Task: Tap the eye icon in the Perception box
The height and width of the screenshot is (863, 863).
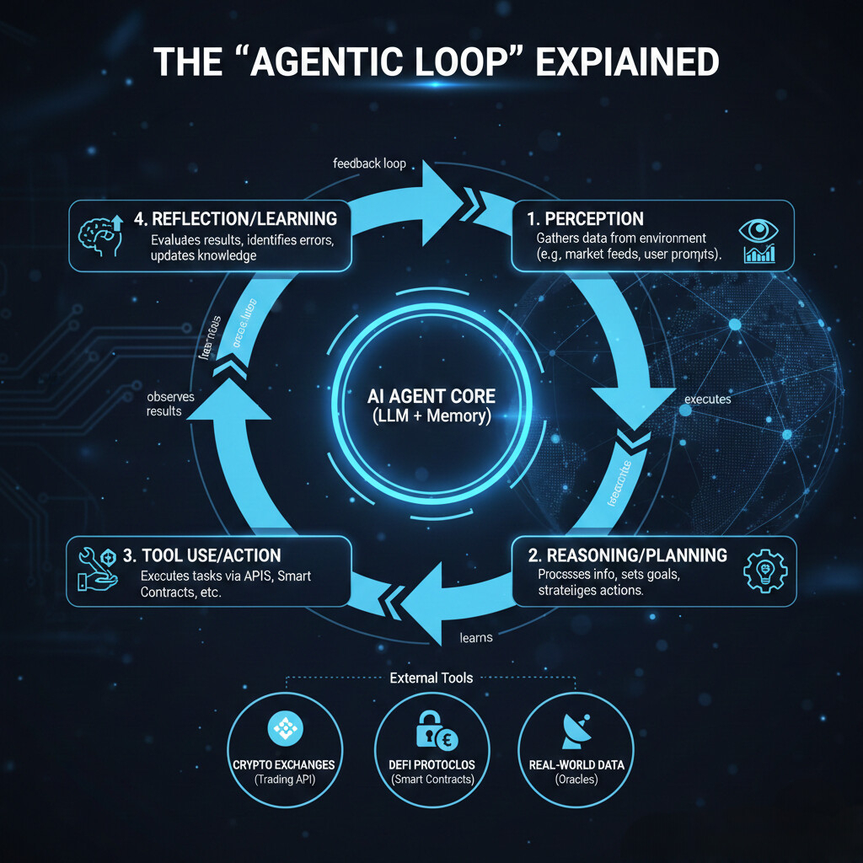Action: pos(755,230)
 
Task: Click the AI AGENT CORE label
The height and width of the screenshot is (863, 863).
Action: pos(431,396)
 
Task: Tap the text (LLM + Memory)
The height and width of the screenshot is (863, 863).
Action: pos(431,416)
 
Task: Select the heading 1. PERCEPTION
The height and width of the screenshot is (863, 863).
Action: pos(585,219)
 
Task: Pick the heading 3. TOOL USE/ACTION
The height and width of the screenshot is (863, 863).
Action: pos(202,555)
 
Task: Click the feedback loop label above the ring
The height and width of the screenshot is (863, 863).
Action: pos(370,163)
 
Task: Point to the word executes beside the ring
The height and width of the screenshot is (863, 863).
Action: pos(708,399)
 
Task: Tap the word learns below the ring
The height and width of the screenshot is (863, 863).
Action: pos(476,638)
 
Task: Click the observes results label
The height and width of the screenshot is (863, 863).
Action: pos(163,403)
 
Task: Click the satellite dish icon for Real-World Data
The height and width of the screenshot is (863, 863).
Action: pos(576,731)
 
